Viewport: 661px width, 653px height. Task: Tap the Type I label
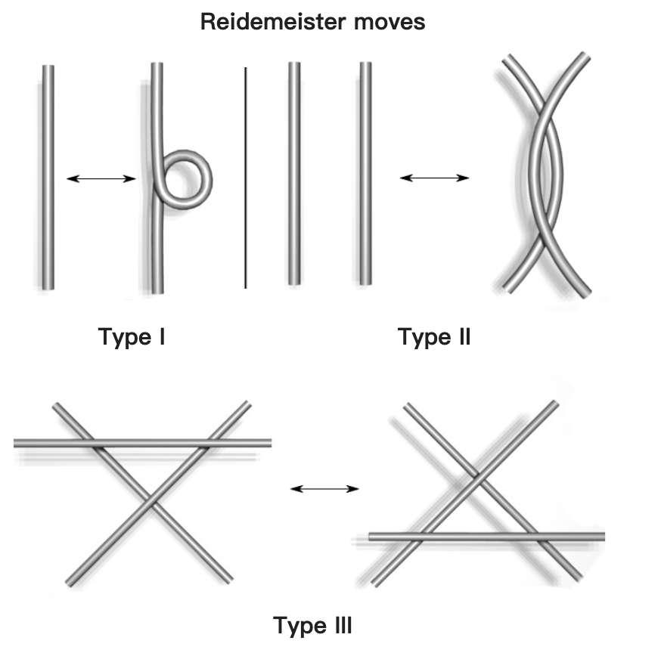click(132, 336)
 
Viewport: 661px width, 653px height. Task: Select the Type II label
click(434, 336)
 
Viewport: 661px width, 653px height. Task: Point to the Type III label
click(312, 626)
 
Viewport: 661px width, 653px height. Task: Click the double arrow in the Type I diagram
click(101, 178)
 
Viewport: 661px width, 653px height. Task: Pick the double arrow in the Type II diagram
click(434, 178)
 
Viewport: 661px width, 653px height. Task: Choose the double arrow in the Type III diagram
click(325, 489)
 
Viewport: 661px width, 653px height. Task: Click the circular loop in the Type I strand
click(187, 178)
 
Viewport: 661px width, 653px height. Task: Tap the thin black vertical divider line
click(245, 178)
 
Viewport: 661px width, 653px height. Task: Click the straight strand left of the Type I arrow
click(48, 178)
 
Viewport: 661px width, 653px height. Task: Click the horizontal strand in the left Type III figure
click(144, 443)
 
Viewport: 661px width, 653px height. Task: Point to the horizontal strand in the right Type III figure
click(484, 537)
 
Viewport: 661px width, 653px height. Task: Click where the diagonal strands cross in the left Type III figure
click(150, 500)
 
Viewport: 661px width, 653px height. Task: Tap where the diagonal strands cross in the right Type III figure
click(476, 477)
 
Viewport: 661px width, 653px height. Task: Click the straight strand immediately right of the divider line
click(295, 174)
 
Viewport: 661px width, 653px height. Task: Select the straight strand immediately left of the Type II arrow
click(365, 174)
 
